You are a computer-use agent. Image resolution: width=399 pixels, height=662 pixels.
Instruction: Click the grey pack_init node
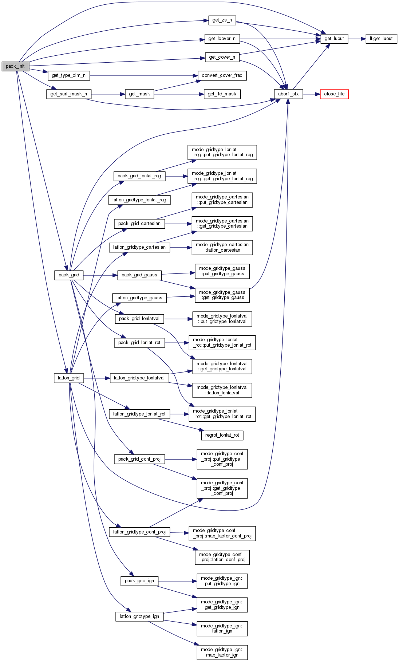pos(15,66)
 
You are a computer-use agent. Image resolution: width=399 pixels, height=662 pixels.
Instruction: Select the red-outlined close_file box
pos(334,94)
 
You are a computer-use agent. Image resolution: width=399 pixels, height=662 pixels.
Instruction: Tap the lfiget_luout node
pos(381,39)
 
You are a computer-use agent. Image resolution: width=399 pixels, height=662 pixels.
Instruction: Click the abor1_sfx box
pos(288,94)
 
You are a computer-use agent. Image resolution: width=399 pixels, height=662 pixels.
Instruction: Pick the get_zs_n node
pos(222,20)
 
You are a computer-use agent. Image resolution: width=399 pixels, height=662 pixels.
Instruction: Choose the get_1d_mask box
pos(222,94)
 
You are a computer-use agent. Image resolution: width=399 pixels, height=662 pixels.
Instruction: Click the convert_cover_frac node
pos(222,75)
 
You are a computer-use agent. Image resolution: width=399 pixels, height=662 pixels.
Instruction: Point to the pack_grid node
pos(69,275)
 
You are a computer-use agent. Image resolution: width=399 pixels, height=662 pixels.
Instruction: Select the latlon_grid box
pos(69,378)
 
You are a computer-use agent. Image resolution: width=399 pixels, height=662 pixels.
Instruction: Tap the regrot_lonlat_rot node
pos(222,435)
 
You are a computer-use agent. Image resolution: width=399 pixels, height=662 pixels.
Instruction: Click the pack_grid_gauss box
pos(139,275)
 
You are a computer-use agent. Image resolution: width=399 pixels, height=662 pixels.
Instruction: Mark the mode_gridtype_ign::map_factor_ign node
pos(222,652)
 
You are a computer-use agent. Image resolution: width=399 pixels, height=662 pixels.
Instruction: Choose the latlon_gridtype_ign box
pos(139,616)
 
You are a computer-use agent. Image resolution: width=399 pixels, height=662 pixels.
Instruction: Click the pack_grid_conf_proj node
pos(139,459)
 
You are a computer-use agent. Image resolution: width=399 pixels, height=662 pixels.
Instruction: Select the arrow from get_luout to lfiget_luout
pos(357,39)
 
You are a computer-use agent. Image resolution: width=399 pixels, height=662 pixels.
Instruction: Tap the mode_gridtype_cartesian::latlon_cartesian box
pos(222,248)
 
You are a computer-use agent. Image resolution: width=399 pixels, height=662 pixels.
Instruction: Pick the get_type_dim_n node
pos(69,75)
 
